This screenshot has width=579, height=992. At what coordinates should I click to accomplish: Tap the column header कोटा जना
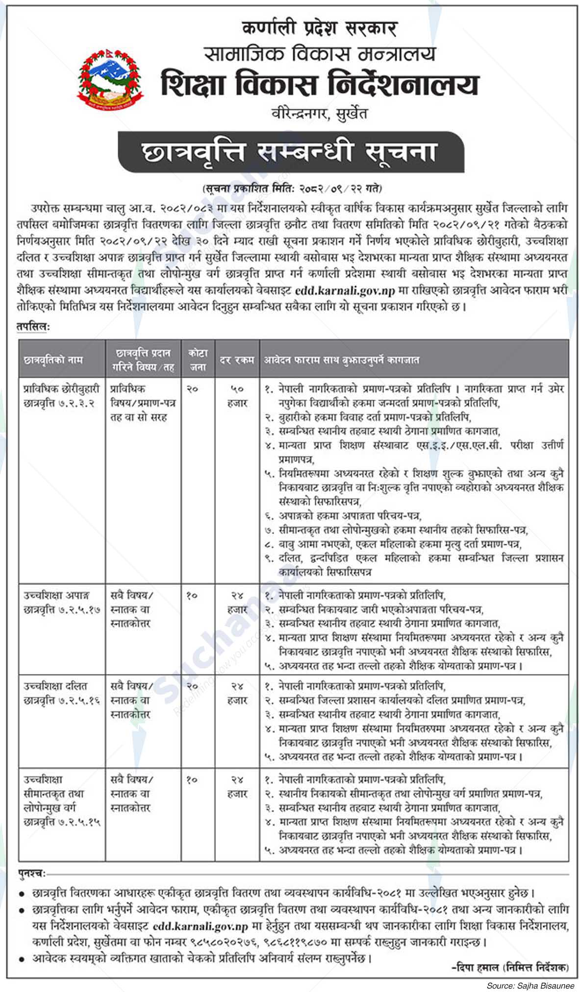click(x=198, y=360)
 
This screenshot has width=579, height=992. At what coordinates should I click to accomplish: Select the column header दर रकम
click(x=237, y=360)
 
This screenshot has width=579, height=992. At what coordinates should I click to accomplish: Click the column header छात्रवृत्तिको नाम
click(x=54, y=360)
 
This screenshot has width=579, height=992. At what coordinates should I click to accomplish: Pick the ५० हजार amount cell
click(x=237, y=396)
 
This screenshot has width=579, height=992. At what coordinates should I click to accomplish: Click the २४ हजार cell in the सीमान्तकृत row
click(x=237, y=786)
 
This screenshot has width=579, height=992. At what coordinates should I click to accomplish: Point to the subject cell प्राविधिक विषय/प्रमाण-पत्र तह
click(x=143, y=403)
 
